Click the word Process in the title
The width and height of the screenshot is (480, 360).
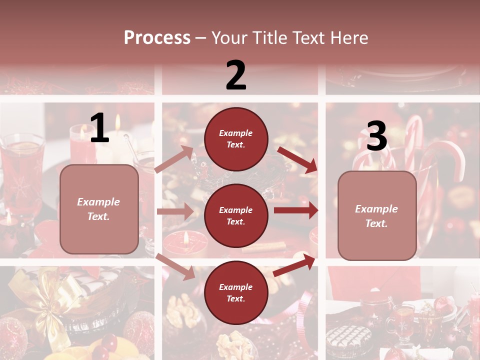click(157, 38)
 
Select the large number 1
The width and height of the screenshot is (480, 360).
click(99, 128)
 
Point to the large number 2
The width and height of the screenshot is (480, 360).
click(236, 75)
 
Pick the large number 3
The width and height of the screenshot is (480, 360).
click(377, 136)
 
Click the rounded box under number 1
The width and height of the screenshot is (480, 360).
click(99, 209)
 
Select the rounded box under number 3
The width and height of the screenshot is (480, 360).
click(377, 216)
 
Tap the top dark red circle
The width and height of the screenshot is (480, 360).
click(236, 139)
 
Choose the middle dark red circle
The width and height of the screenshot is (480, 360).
click(236, 216)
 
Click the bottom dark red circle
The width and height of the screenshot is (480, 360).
click(236, 293)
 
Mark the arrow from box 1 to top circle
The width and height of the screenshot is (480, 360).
click(174, 159)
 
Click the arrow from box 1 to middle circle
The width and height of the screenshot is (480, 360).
click(175, 211)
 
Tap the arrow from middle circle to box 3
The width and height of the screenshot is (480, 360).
click(296, 210)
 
